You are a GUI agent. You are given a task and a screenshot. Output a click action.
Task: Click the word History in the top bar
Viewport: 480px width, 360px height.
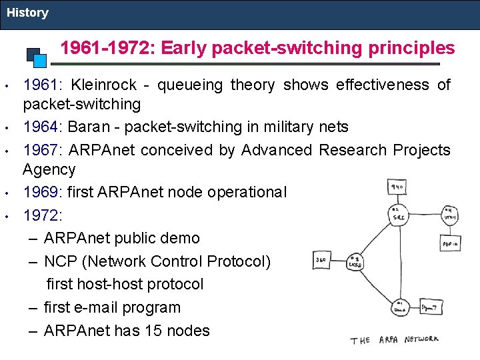[x=27, y=13]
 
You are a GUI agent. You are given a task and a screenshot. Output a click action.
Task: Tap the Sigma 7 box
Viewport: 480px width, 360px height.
[x=430, y=307]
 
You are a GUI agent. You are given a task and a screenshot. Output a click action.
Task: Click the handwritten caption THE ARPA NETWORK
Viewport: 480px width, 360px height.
[x=395, y=340]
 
